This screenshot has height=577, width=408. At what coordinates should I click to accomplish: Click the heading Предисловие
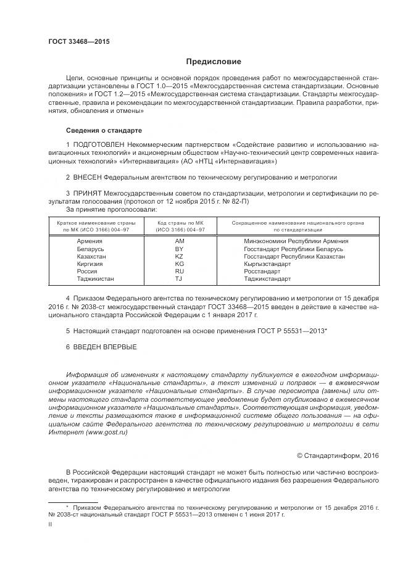(x=214, y=62)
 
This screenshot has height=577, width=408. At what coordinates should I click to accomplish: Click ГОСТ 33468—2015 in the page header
(x=79, y=41)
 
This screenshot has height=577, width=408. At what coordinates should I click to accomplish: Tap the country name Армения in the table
(x=90, y=241)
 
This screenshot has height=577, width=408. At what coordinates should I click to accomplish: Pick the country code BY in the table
(x=180, y=249)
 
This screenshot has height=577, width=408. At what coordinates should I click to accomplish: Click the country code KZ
(x=180, y=256)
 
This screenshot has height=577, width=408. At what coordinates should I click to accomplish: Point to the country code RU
(x=180, y=271)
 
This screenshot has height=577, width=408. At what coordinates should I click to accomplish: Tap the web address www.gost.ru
(x=108, y=433)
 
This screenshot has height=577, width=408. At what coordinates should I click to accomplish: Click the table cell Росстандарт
(x=262, y=271)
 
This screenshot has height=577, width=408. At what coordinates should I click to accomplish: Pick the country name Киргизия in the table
(x=90, y=264)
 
